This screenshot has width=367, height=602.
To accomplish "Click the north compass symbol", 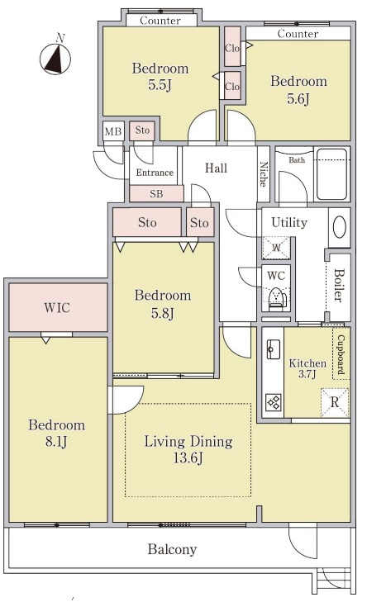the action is tap(55, 59).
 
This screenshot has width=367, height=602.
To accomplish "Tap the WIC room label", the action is tap(57, 307).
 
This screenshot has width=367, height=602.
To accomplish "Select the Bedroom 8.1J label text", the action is tap(56, 433).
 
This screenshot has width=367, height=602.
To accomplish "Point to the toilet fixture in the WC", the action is tap(276, 298).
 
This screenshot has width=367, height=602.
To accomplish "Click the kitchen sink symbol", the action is tap(274, 348).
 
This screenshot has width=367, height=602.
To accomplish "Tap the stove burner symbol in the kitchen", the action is tap(274, 402).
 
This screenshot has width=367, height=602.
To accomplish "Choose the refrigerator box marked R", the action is tap(335, 402).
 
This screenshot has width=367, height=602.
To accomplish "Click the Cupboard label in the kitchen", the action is tap(341, 354).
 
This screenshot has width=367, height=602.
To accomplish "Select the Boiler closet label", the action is tap(338, 285).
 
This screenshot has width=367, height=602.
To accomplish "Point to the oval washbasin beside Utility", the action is tap(340, 227).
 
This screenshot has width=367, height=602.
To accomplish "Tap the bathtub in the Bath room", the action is tap(332, 174).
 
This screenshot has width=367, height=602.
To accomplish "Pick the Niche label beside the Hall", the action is tap(264, 173).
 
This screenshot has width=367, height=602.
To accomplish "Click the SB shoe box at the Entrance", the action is tap(156, 194).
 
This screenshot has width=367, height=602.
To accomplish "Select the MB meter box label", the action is tap(113, 131).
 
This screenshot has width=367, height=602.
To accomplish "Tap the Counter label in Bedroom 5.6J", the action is tap(298, 34).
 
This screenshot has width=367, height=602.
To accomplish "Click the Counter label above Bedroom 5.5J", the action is tap(160, 20).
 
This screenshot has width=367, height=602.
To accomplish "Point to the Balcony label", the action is tap(172, 549).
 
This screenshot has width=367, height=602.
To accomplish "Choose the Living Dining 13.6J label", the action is tap(188, 449).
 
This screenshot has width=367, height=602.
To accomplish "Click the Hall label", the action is tap(216, 168).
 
